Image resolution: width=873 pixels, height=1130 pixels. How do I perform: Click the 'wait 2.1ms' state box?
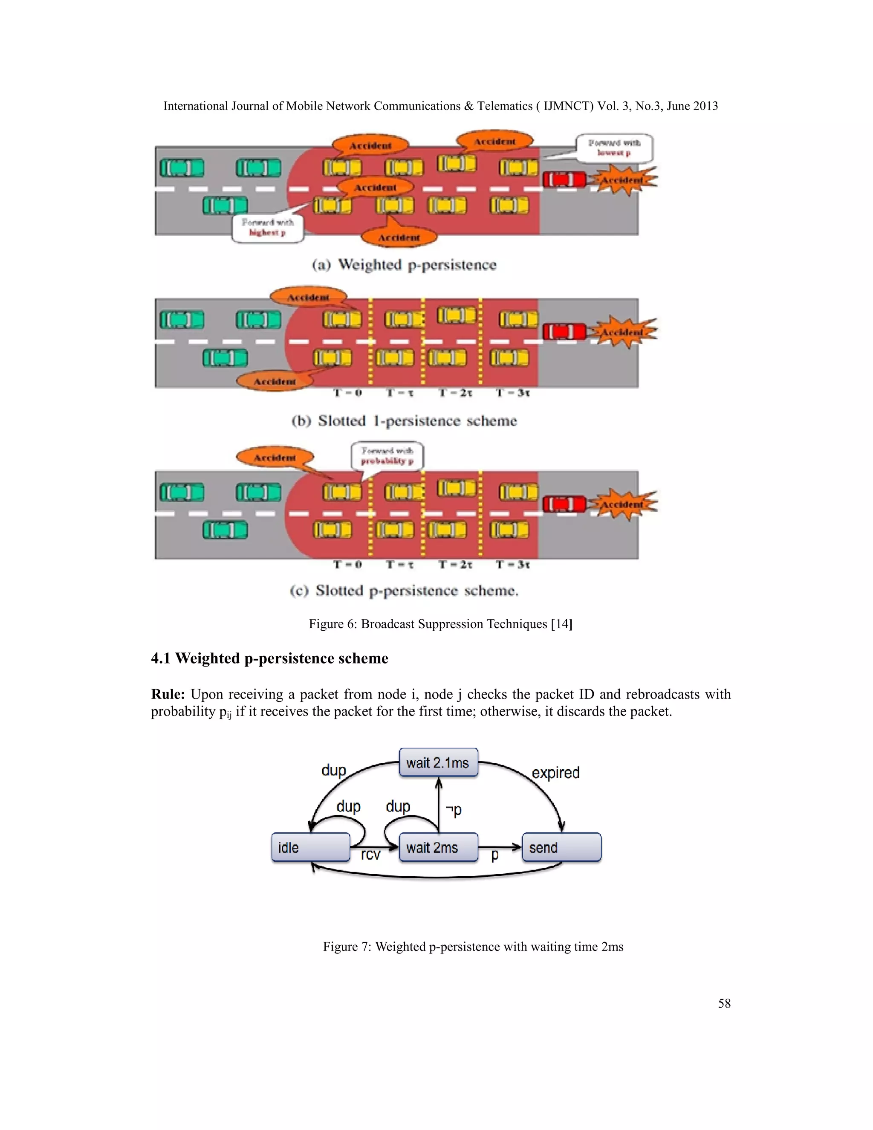click(x=438, y=763)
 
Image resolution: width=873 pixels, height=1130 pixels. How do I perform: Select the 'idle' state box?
click(x=310, y=848)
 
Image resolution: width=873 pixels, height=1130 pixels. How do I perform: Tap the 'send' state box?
click(x=561, y=848)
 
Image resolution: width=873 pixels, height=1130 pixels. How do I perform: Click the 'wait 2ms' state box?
click(x=438, y=848)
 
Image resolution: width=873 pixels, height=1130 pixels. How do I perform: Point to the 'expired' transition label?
click(x=555, y=773)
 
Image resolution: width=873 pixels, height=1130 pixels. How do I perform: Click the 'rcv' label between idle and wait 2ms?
click(x=370, y=855)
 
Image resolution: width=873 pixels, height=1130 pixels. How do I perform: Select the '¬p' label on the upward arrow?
click(x=454, y=810)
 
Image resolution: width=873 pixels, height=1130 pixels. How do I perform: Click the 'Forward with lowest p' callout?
click(x=614, y=148)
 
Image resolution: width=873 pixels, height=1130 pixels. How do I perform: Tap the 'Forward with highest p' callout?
click(x=267, y=228)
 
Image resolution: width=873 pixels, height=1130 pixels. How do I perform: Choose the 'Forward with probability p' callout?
click(x=387, y=456)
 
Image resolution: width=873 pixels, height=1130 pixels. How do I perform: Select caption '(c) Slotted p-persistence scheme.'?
click(x=404, y=591)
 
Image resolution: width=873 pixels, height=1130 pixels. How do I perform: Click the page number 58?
click(x=724, y=1003)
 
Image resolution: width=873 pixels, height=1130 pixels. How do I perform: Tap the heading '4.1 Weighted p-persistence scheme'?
click(x=269, y=658)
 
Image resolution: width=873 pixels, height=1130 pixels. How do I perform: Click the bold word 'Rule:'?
click(x=168, y=694)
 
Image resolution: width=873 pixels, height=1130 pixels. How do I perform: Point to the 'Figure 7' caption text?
click(x=473, y=946)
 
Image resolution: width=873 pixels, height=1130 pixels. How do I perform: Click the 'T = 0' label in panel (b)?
click(x=347, y=393)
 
